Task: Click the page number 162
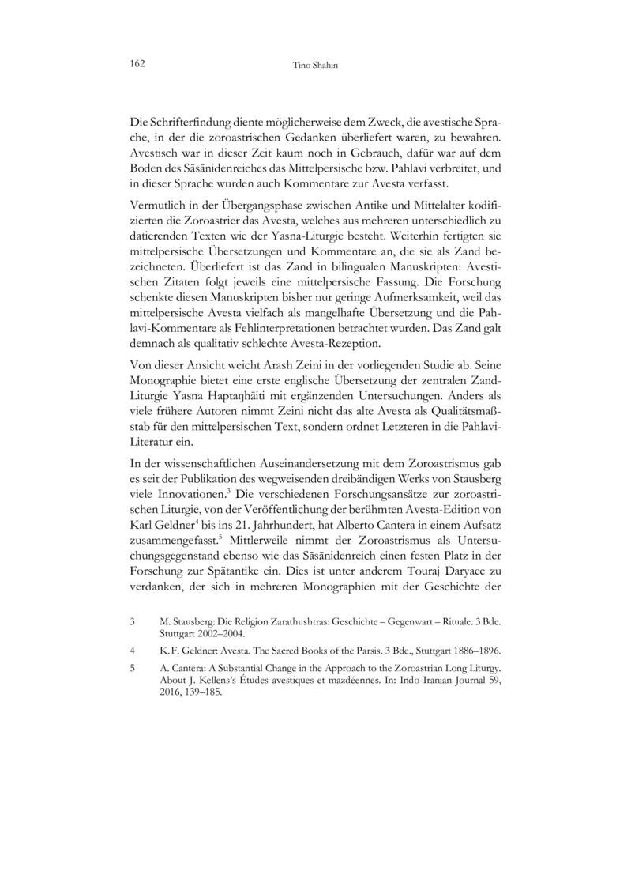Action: click(x=137, y=63)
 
